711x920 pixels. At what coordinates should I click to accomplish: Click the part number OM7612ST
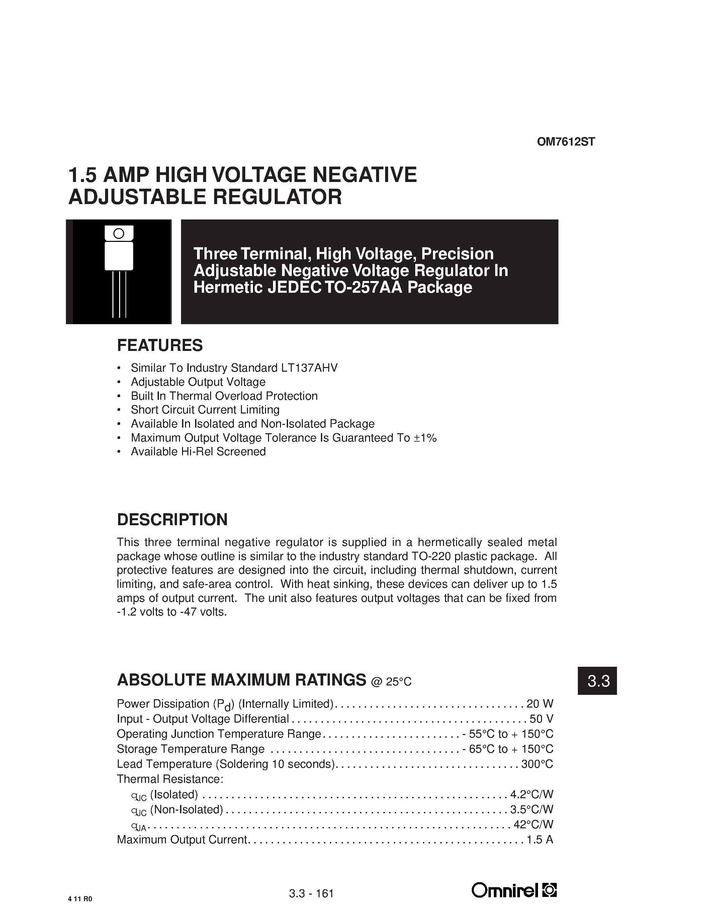coord(566,142)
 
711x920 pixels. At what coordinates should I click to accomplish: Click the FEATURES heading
coord(160,346)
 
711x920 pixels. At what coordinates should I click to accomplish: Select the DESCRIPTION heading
coord(172,520)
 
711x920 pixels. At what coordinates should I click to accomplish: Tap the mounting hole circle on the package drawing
coord(119,234)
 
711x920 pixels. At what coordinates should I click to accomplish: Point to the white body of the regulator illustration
coord(119,256)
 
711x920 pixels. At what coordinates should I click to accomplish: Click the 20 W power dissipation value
coord(540,704)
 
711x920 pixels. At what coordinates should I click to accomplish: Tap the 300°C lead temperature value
coord(537,764)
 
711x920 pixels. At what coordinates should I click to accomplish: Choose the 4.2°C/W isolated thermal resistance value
coord(532,794)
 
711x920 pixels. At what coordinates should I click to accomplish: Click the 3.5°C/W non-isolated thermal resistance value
coord(532,809)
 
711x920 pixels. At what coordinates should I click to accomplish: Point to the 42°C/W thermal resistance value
coord(533,824)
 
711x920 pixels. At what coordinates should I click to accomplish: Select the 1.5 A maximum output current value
coord(540,839)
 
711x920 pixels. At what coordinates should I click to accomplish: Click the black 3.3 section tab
coord(597,681)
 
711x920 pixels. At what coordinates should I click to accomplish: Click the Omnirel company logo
coord(514,891)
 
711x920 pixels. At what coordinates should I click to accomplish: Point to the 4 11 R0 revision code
coord(80,899)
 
